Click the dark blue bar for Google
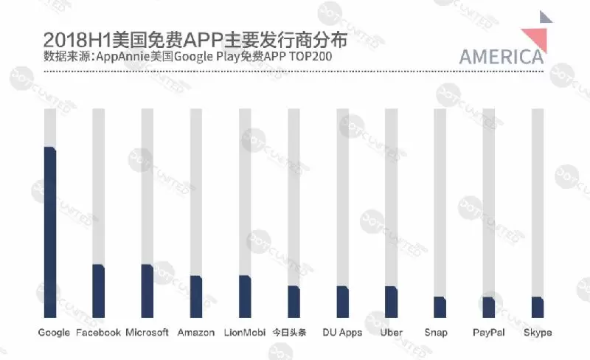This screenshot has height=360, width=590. [x=50, y=232]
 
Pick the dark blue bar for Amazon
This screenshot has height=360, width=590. [x=196, y=296]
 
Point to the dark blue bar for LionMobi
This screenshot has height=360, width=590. [x=245, y=296]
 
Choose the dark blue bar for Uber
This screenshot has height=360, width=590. [x=391, y=301]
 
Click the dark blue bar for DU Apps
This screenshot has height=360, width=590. [x=342, y=301]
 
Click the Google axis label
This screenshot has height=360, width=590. [x=54, y=333]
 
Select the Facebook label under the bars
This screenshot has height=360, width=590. [x=99, y=333]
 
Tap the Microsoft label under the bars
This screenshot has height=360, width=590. [x=147, y=333]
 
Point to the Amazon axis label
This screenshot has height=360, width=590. [x=196, y=333]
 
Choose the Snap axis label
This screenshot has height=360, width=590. [x=436, y=333]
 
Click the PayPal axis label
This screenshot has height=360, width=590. [x=488, y=333]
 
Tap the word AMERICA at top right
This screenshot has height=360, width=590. [x=502, y=57]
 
